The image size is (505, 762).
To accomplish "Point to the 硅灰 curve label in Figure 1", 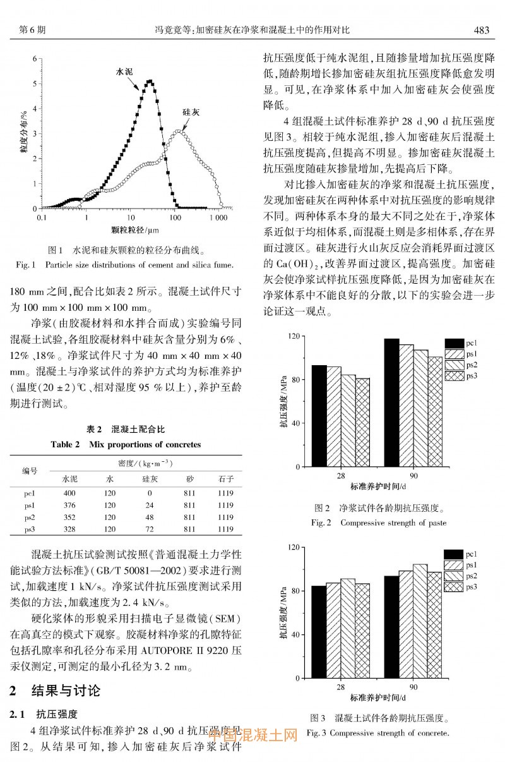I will pyautogui.click(x=191, y=111).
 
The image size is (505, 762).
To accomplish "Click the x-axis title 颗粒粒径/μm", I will pyautogui.click(x=134, y=231).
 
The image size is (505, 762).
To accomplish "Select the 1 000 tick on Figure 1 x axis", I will pyautogui.click(x=218, y=217).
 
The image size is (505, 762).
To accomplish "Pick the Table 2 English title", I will pyautogui.click(x=126, y=444).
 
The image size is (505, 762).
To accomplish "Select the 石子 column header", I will pyautogui.click(x=225, y=478).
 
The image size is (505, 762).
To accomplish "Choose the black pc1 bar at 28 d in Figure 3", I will pyautogui.click(x=319, y=632).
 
